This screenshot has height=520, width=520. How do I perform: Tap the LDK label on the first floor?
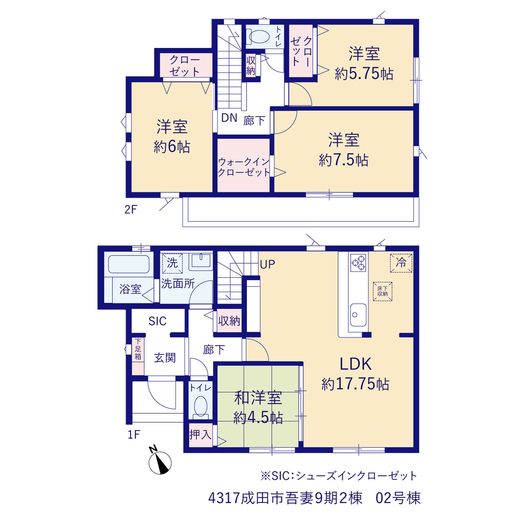click(355, 364)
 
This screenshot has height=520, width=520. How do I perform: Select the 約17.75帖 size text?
click(355, 384)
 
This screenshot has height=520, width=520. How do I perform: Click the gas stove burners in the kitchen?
click(358, 262)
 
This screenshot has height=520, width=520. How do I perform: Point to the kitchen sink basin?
click(358, 315)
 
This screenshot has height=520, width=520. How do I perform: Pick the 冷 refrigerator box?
click(401, 263)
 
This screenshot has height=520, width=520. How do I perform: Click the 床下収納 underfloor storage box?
click(382, 291)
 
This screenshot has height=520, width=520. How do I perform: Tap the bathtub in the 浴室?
click(129, 264)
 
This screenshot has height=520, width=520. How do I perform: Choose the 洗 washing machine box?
click(172, 263)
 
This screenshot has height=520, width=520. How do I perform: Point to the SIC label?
click(158, 321)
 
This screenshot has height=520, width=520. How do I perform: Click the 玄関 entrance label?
click(165, 358)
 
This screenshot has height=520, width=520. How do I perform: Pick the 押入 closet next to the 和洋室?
click(201, 434)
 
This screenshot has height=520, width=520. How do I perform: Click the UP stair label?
click(267, 265)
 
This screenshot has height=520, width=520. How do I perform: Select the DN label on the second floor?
click(229, 118)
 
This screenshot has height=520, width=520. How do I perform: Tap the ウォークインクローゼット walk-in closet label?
click(244, 167)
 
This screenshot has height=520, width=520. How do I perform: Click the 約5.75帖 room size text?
click(364, 74)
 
